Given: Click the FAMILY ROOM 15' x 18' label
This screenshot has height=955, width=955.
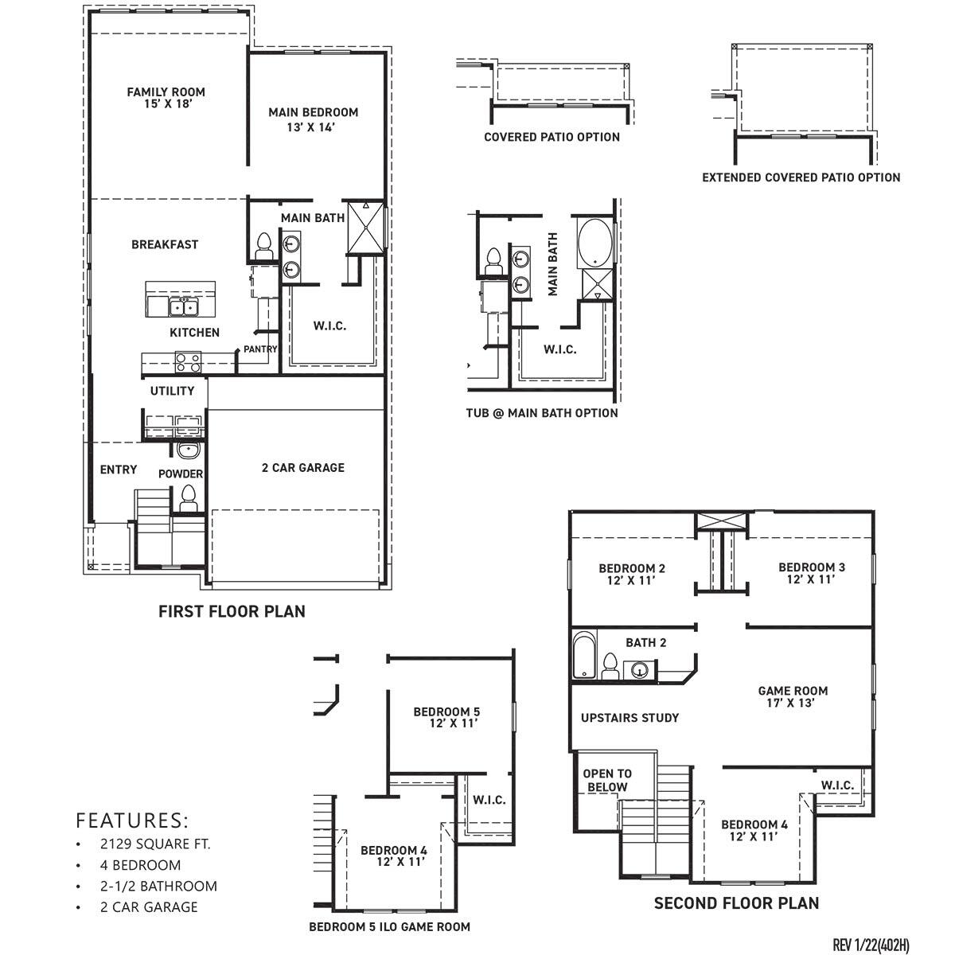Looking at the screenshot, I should pos(166,98).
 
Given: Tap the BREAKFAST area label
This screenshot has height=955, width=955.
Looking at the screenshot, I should pos(165,244).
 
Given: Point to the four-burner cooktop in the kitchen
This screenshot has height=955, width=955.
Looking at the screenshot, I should pos(189,363).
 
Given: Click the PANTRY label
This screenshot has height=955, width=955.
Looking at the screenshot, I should pos(260,349).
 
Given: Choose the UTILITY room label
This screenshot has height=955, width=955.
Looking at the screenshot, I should pos(172,391).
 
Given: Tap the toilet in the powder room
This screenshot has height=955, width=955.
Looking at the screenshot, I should pos(189,499).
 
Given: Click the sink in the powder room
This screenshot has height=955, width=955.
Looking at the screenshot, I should pos(189,451).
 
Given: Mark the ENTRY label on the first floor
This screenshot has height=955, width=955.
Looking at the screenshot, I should pos(119,470).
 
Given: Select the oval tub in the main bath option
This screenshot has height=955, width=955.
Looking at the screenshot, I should pos(594,243).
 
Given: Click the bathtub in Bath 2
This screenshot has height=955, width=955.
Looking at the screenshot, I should pos(584,657).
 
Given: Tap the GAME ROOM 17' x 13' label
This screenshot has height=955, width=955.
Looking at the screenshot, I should pos(792,696).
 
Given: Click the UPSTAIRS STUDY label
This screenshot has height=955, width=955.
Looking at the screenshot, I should pos(630,718).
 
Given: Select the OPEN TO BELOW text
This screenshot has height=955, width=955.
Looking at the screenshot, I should pos(607,780).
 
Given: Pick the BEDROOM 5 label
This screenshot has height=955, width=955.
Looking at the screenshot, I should pos(446,717).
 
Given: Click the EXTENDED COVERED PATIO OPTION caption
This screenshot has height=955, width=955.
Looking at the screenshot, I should pos(801,177).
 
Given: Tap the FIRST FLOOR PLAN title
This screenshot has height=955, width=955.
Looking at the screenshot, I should pos(232,611).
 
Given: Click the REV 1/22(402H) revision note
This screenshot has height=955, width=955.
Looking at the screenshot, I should pos(871,945).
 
